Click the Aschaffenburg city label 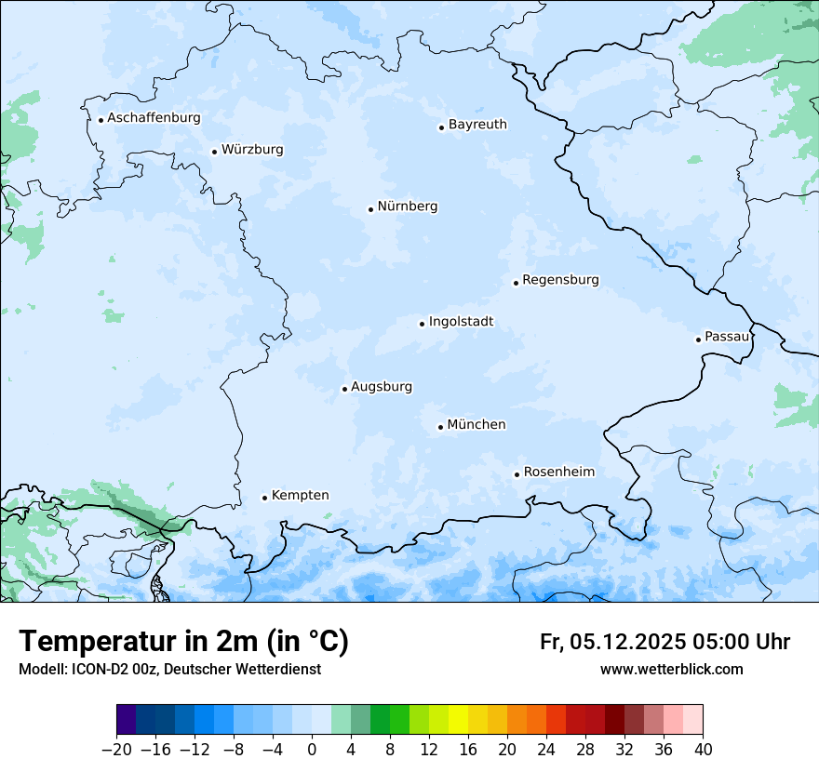pyautogui.click(x=154, y=118)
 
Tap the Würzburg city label pyautogui.click(x=252, y=150)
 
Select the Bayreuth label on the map pyautogui.click(x=477, y=125)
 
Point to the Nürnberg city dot pyautogui.click(x=370, y=209)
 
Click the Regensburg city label pyautogui.click(x=560, y=280)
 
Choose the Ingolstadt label pyautogui.click(x=461, y=322)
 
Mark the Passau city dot pyautogui.click(x=698, y=339)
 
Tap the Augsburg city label pyautogui.click(x=382, y=387)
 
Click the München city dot pyautogui.click(x=440, y=427)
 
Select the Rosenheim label pyautogui.click(x=558, y=472)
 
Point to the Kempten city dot pyautogui.click(x=264, y=498)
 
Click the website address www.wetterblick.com pyautogui.click(x=671, y=669)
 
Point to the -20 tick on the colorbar pyautogui.click(x=116, y=750)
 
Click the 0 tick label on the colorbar pyautogui.click(x=312, y=750)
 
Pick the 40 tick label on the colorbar pyautogui.click(x=703, y=750)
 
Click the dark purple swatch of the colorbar pyautogui.click(x=127, y=720)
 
